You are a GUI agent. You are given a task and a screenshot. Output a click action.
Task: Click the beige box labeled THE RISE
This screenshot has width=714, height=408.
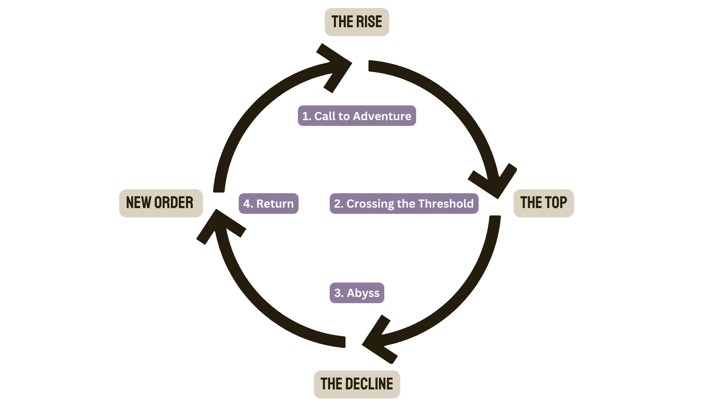[357, 22]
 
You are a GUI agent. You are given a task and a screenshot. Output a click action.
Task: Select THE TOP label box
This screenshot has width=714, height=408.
[544, 203]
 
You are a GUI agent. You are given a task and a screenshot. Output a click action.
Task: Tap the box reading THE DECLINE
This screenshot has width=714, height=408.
[357, 384]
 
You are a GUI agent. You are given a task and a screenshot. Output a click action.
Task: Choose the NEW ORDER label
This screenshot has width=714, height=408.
[160, 203]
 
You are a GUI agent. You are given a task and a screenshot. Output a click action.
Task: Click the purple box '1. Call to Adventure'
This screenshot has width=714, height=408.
[357, 116]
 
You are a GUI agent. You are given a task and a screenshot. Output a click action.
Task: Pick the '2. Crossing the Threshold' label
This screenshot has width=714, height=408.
[404, 204]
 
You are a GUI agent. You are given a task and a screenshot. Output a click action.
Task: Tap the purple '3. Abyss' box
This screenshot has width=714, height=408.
[357, 292]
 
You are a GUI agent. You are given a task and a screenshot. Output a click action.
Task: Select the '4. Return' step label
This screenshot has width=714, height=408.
[268, 204]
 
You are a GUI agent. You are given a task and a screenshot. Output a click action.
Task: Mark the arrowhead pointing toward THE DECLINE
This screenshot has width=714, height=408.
[379, 340]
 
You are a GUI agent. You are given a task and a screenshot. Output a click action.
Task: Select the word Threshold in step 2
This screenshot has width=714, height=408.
[446, 204]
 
